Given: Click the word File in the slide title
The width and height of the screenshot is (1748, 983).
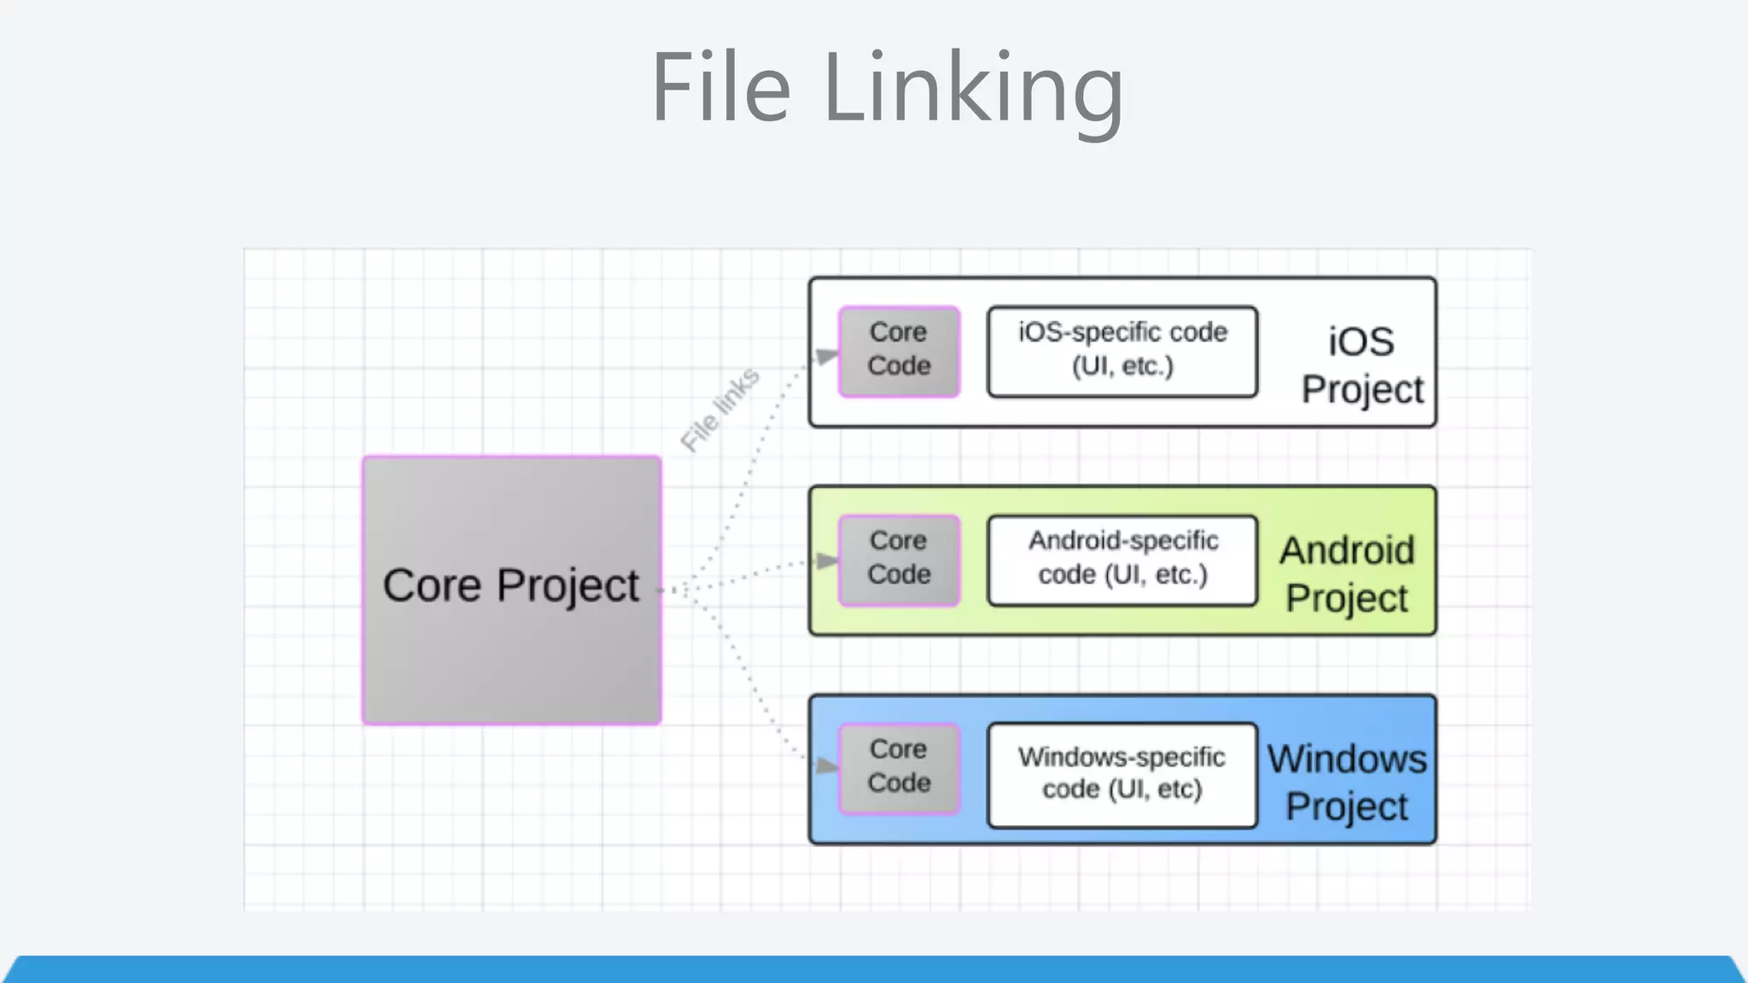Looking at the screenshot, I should pos(721,87).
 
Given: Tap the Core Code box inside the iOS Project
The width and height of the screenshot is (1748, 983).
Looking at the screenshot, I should pos(899,350).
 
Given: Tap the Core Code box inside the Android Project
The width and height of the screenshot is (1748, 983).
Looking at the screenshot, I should pos(899,559).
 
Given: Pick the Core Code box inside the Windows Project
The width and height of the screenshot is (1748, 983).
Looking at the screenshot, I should pos(899,767).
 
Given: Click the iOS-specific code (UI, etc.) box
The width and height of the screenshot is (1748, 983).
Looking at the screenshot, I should pos(1122,350).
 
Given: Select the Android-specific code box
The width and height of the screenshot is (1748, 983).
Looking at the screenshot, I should pos(1122,559).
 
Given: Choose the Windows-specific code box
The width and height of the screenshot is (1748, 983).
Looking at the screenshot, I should pos(1122,774).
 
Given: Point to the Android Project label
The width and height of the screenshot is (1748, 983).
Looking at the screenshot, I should pos(1346,573).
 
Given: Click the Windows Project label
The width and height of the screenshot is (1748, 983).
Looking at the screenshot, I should pos(1346,782).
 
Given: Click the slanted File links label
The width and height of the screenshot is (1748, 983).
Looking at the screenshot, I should pos(720,410).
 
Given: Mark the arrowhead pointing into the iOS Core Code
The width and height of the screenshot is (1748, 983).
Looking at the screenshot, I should pos(826,356).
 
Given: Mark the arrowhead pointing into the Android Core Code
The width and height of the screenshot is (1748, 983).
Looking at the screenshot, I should pos(826,561).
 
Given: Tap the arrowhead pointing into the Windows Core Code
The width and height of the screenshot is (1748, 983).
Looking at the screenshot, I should pos(826,765).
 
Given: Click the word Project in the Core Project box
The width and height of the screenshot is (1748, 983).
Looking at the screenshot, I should pos(568,586).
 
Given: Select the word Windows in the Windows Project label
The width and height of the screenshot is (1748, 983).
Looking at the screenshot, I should pos(1346,759).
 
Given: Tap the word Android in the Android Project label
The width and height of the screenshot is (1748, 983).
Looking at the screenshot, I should pos(1346,550).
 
